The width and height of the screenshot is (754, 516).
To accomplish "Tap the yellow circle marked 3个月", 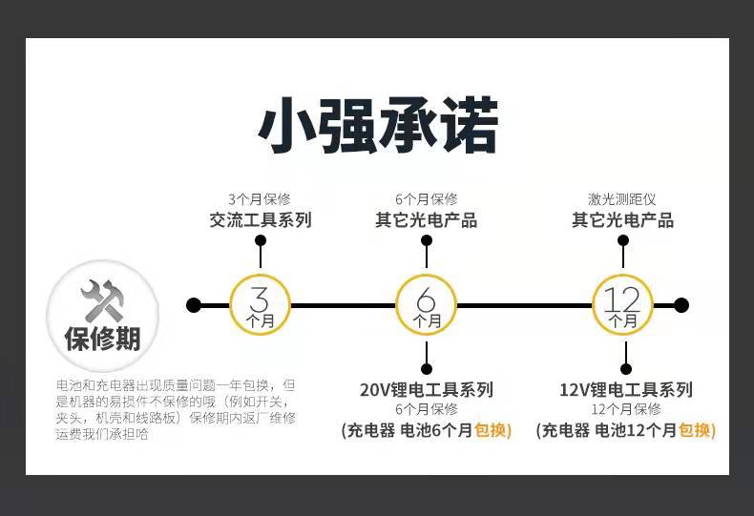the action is click(x=261, y=305).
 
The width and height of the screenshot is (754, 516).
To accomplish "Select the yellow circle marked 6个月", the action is click(x=427, y=305).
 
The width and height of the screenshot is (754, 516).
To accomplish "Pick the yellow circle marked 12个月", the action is click(x=623, y=305).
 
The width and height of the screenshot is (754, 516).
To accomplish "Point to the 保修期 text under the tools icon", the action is click(x=102, y=339).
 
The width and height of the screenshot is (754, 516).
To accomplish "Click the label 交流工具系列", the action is click(x=261, y=220).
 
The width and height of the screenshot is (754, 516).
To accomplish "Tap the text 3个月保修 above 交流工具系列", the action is click(x=261, y=199).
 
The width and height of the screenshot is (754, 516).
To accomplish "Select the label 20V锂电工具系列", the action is click(x=427, y=389).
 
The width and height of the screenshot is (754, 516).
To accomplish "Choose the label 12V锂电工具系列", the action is click(x=625, y=389).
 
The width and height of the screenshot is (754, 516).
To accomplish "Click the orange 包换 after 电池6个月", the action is click(x=492, y=430).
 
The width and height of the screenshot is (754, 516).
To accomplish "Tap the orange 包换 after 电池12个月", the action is click(x=697, y=430).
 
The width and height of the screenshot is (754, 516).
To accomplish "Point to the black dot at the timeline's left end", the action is click(x=194, y=305).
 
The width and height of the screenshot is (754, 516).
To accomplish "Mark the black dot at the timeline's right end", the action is click(x=681, y=305).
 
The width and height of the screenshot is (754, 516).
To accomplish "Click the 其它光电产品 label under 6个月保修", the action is click(x=426, y=220).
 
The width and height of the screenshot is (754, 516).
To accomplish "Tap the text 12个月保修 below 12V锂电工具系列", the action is click(x=625, y=409).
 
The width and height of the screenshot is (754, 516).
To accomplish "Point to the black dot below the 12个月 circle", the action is click(x=625, y=368).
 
